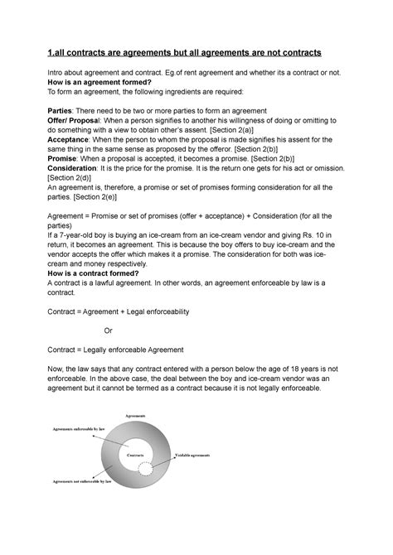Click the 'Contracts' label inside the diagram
coord(137,456)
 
